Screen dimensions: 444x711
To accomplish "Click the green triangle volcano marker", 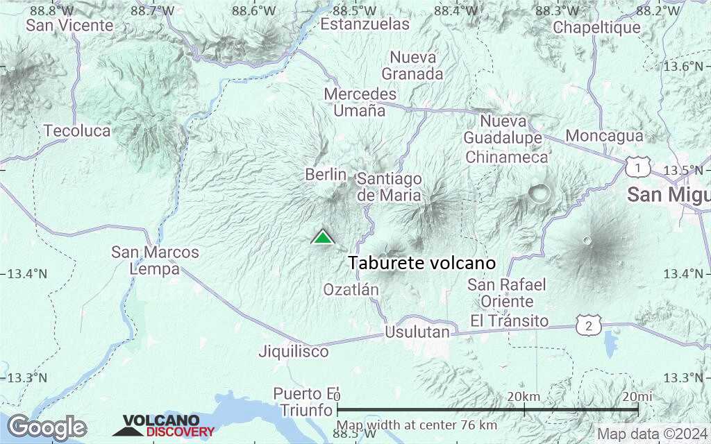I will pos(322,238).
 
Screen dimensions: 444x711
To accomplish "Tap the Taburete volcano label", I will pos(421,264).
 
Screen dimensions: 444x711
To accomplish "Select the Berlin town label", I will pos(326,175).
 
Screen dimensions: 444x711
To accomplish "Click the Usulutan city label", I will pos(417,332).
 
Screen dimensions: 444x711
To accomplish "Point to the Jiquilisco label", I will pos(294,352).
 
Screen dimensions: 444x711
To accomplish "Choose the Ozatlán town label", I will pos(351,290).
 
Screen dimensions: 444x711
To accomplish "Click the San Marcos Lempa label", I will pos(156,261).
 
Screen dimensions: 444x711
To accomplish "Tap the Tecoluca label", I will pos(77,131).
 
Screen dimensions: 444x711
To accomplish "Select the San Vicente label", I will pos(69,25).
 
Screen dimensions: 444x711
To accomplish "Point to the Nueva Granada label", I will pos(412,66).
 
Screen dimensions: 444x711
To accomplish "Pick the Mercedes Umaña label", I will pos(360,102).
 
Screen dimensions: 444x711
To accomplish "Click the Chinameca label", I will pos(507,157).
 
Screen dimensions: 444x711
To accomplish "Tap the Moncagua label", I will pos(604,136).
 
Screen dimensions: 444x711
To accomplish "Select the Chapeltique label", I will pos(597,28).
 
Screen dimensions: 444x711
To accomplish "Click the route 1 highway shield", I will pos(637,167).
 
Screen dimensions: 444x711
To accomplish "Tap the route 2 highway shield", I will pos(588,324).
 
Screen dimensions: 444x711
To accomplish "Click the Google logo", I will pos(47,427).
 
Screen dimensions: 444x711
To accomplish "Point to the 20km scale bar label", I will pos(524,395).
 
